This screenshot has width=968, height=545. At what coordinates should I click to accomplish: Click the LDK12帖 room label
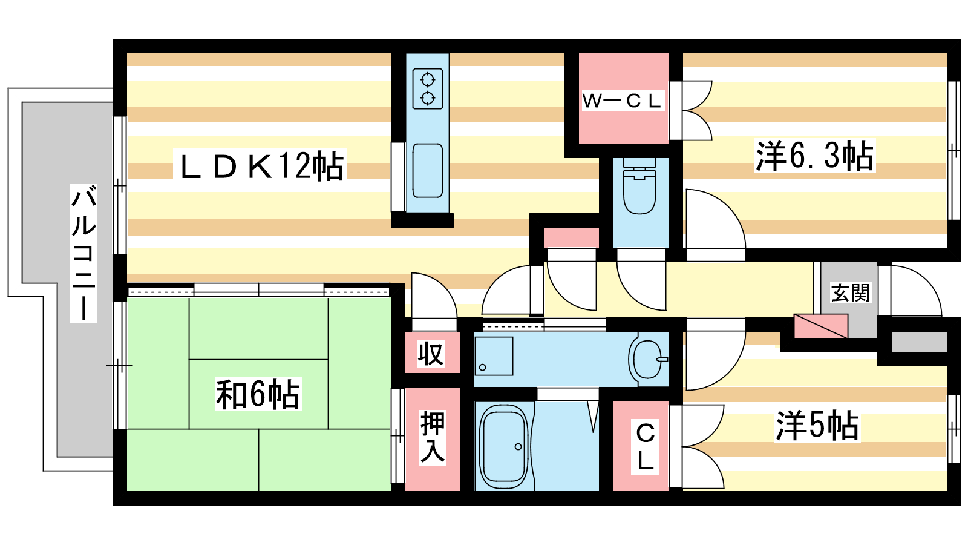pyautogui.click(x=260, y=165)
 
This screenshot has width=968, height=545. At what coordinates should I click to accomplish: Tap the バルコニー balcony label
pyautogui.click(x=83, y=254)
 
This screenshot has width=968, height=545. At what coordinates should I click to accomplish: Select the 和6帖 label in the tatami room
pyautogui.click(x=258, y=394)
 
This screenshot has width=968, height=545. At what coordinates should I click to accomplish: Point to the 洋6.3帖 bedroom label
pyautogui.click(x=814, y=156)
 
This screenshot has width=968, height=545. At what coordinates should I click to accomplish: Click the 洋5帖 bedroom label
pyautogui.click(x=817, y=426)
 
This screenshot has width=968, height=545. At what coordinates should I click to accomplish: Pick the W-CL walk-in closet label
pyautogui.click(x=623, y=101)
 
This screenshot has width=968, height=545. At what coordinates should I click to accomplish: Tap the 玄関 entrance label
pyautogui.click(x=849, y=293)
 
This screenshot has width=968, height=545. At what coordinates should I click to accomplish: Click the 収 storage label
pyautogui.click(x=430, y=354)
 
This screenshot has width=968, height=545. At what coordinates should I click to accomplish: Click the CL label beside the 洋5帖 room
pyautogui.click(x=645, y=447)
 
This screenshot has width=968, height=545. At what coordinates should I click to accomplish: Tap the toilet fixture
pyautogui.click(x=639, y=186)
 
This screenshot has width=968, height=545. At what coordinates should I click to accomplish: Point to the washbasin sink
pyautogui.click(x=648, y=359)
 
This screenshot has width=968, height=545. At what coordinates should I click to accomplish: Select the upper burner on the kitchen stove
pyautogui.click(x=428, y=80)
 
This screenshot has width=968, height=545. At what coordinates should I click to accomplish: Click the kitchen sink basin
pyautogui.click(x=427, y=170)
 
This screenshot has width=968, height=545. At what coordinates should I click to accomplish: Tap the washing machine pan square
pyautogui.click(x=494, y=356)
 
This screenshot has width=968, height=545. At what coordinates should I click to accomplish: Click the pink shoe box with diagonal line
pyautogui.click(x=820, y=326)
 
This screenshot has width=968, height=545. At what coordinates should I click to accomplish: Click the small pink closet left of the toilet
pyautogui.click(x=571, y=237)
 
